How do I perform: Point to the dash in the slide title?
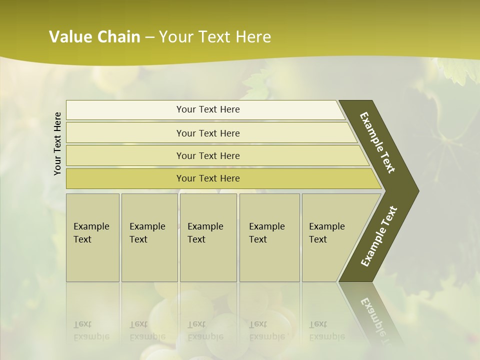149,37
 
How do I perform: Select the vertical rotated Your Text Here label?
57,143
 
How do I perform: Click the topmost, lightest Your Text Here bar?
208,109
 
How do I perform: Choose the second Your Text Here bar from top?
208,133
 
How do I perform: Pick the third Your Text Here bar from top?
208,156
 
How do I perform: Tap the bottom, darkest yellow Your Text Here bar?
208,178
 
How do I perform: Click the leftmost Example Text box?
92,237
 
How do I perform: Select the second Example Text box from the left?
149,237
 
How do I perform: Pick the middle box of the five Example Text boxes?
208,237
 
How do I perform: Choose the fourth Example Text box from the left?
269,237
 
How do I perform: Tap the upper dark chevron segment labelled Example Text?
378,142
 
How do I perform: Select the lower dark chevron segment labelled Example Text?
379,236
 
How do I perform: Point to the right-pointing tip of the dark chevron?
416,190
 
